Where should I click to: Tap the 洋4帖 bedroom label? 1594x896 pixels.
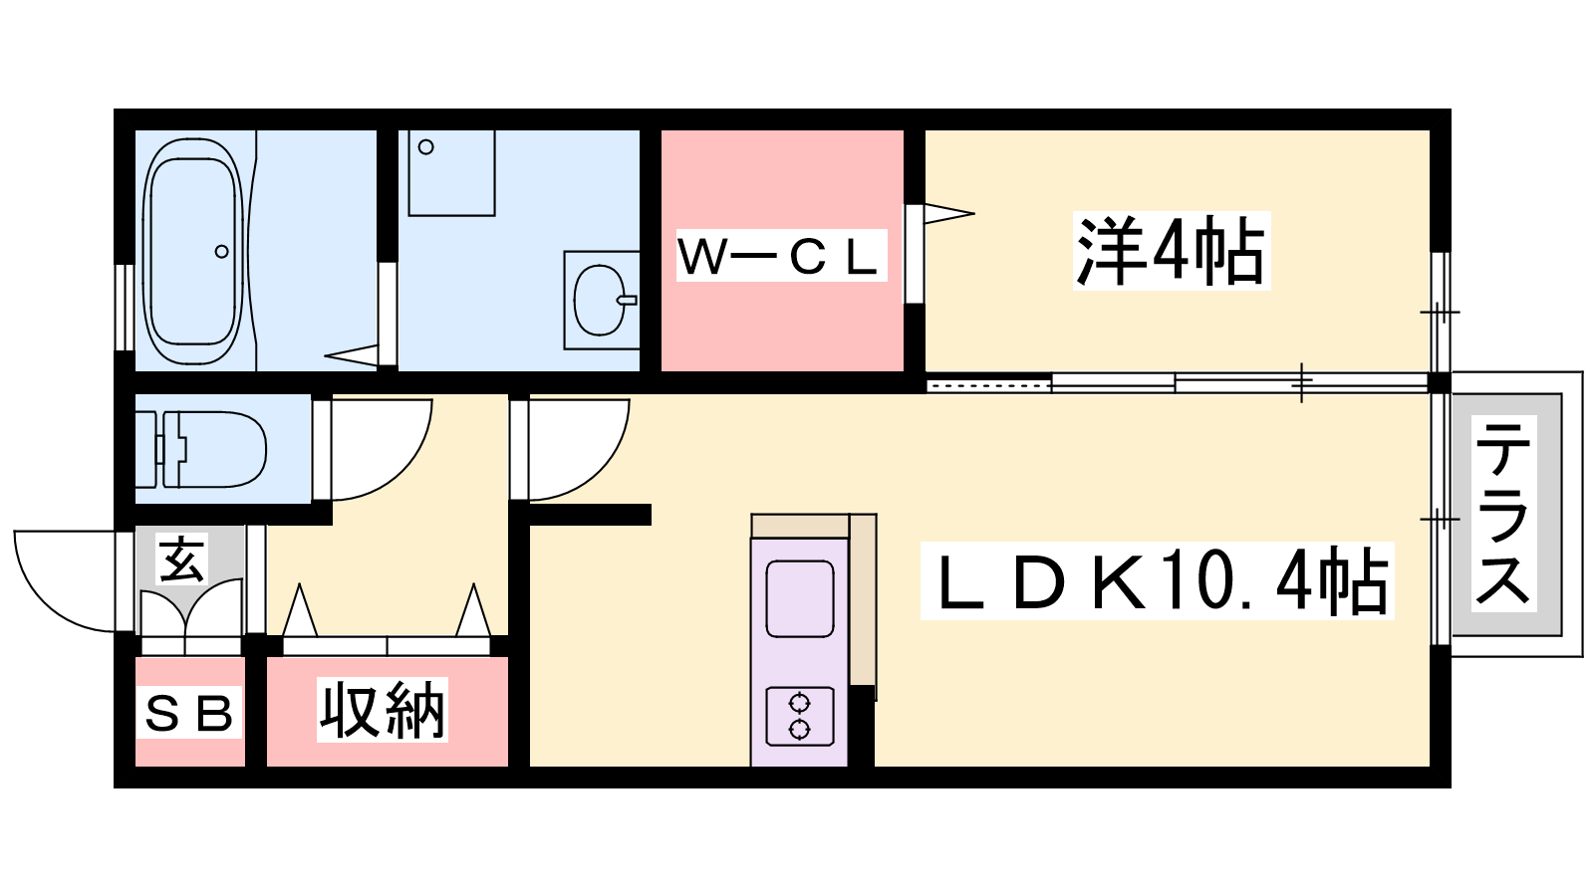point(1172,251)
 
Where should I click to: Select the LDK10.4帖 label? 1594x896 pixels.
point(1157,580)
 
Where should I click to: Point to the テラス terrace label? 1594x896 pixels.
point(1503,513)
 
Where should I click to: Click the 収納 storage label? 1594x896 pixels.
point(383,710)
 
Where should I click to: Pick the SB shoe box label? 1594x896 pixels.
point(189,713)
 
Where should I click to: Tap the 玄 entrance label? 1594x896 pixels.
point(182,559)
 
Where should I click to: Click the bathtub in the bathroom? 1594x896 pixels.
point(193,251)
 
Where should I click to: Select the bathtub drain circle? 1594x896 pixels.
point(221,251)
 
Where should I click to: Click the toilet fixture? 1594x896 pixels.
point(200,449)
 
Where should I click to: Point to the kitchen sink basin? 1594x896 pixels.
point(800,598)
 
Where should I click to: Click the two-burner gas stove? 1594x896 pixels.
point(800,717)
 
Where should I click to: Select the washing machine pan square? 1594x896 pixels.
point(452,173)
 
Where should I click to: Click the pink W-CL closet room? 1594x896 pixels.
point(783,250)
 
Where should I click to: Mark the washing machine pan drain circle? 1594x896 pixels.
point(426,147)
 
